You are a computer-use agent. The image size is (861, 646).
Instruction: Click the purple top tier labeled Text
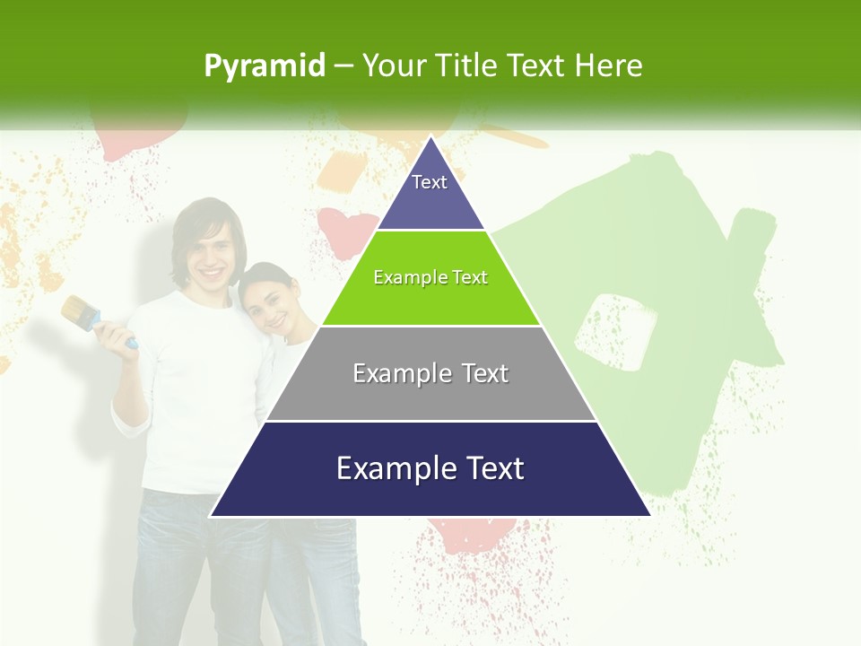click(x=430, y=193)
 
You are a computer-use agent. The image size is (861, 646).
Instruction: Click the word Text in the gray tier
click(x=476, y=373)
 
